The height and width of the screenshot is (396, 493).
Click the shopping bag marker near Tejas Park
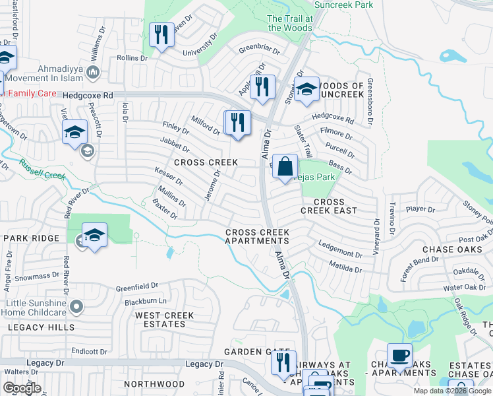[285, 168]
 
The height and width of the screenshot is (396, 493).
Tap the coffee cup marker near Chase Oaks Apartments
[399, 356]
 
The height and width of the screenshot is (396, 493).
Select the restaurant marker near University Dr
[161, 34]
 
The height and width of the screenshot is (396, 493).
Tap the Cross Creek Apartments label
[256, 236]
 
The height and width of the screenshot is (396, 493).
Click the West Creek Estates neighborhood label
[165, 319]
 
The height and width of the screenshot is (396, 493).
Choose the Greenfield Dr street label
[137, 287]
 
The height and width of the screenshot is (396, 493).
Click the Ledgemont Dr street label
[341, 250]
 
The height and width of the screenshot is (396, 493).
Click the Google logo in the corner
[22, 388]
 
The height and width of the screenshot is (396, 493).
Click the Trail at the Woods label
[290, 23]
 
